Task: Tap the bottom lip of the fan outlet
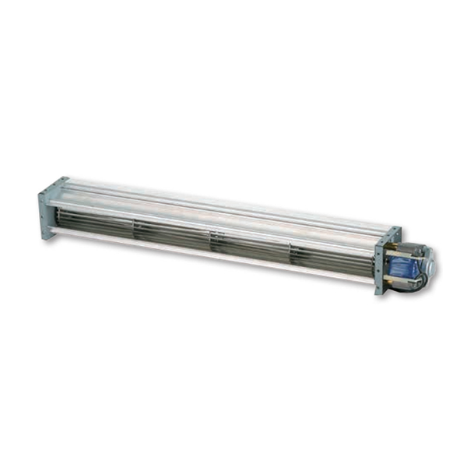[x=210, y=260]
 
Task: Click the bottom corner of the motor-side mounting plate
[x=379, y=292]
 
